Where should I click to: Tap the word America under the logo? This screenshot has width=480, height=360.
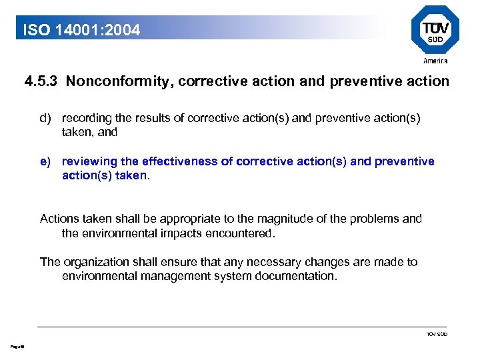pos(435,61)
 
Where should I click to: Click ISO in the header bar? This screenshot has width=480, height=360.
pos(35,30)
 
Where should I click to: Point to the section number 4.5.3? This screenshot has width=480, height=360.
pos(41,82)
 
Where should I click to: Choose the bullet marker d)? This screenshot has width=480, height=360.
pos(45,118)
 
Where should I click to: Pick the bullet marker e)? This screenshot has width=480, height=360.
pos(45,161)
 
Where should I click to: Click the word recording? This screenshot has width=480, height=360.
pos(86,118)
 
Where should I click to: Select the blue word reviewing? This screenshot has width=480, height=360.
pos(89,161)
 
